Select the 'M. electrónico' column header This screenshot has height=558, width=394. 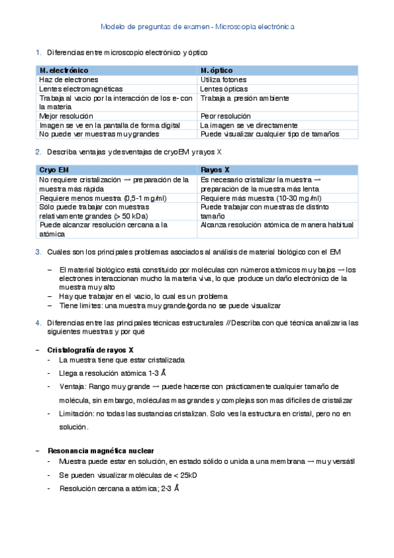pyautogui.click(x=64, y=70)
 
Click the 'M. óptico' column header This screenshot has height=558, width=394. pyautogui.click(x=220, y=70)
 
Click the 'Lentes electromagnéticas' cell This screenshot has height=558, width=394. pyautogui.click(x=80, y=89)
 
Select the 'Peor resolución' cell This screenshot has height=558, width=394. pyautogui.click(x=225, y=116)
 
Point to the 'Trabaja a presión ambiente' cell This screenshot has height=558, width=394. pyautogui.click(x=244, y=98)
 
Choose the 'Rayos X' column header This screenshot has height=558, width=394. pyautogui.click(x=214, y=169)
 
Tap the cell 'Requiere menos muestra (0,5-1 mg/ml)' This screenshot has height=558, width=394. pyautogui.click(x=103, y=197)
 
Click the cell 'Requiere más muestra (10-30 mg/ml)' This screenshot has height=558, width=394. pyautogui.click(x=261, y=197)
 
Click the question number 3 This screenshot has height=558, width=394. pyautogui.click(x=38, y=252)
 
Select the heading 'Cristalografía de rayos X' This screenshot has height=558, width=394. pyautogui.click(x=91, y=349)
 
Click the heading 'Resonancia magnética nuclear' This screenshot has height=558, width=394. pyautogui.click(x=101, y=451)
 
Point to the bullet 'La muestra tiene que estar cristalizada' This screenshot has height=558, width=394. pyautogui.click(x=122, y=361)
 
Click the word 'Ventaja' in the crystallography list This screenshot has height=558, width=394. pyautogui.click(x=71, y=386)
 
